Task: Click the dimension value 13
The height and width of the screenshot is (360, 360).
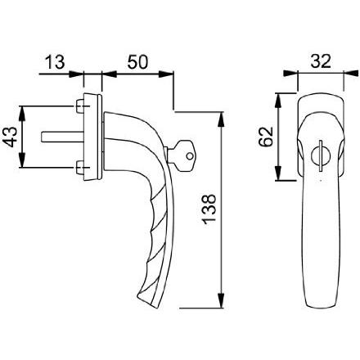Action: tap(55, 62)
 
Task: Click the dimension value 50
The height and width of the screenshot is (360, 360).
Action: tap(137, 62)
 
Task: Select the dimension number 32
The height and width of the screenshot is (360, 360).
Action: tap(321, 61)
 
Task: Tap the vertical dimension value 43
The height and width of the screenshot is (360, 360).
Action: tap(9, 137)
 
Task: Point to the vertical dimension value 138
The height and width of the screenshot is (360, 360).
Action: tap(209, 209)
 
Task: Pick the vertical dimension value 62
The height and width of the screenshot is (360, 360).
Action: tap(266, 137)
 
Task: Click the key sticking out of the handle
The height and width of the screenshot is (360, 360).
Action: tap(181, 155)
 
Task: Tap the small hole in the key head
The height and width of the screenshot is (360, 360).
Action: tap(190, 156)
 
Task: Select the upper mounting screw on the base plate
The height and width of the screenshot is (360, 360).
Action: tap(80, 106)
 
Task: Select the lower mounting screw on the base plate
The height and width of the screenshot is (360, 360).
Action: tap(80, 167)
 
